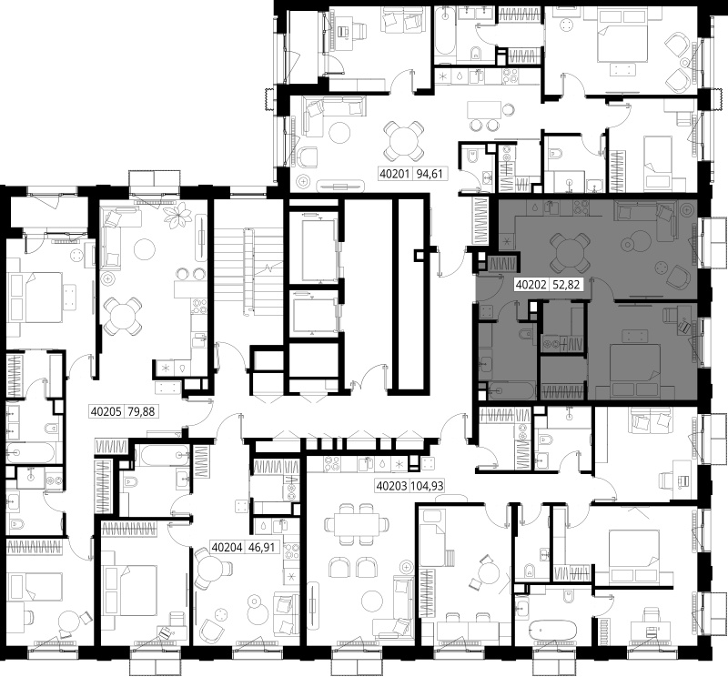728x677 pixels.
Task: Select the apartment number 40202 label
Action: coord(531,284)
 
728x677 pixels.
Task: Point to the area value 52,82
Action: coord(566,284)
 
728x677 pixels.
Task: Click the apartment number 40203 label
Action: coord(391,486)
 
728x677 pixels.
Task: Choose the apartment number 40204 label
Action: coord(227,548)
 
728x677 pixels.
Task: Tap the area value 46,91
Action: coord(262,548)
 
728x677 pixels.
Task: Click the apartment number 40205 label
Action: coord(106,411)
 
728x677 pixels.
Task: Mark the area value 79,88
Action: coord(142,411)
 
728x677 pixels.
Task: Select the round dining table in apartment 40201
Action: coord(403,140)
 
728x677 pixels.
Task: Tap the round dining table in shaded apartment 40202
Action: coord(570,253)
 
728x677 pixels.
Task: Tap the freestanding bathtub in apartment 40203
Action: coord(552,630)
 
